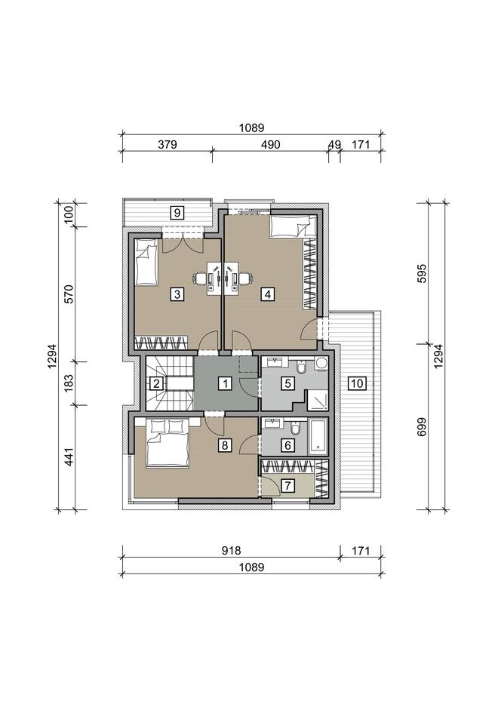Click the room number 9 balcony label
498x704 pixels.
click(177, 212)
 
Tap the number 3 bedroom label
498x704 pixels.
click(177, 294)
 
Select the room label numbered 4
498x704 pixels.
click(268, 294)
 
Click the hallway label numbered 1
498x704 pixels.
click(225, 383)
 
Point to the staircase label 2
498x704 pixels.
click(156, 383)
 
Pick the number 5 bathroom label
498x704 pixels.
click(287, 383)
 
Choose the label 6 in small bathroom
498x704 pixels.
click(287, 445)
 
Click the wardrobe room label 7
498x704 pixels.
click(287, 485)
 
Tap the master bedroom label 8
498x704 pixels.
click(225, 445)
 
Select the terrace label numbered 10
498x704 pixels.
click(357, 383)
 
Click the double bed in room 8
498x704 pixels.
click(167, 443)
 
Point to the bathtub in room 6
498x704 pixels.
click(318, 435)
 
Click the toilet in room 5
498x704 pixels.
click(302, 367)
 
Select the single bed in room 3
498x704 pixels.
click(146, 262)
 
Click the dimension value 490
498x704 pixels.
click(270, 145)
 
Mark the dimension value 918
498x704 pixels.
click(232, 551)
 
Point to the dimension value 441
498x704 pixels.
click(69, 457)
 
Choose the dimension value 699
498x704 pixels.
click(421, 426)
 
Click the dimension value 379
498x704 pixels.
click(167, 145)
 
